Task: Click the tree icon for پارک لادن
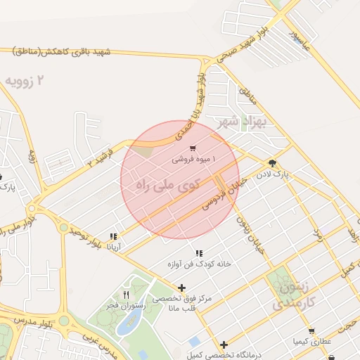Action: tap(272, 162)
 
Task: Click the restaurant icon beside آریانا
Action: tap(113, 236)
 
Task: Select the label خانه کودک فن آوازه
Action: tap(198, 264)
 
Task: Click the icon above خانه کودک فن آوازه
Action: tap(198, 252)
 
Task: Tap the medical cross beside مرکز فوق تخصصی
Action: tap(182, 288)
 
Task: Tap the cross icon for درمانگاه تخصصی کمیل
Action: tap(224, 345)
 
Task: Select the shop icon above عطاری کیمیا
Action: tap(311, 330)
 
